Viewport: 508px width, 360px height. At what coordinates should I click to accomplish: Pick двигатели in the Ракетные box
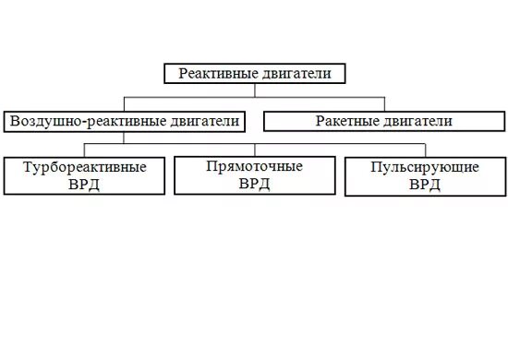pos(419,121)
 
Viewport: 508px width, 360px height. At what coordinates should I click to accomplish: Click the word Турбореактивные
pos(85,168)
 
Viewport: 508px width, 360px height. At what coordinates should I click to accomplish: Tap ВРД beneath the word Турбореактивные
pos(85,184)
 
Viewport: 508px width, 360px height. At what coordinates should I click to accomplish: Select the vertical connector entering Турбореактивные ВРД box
pos(85,150)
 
